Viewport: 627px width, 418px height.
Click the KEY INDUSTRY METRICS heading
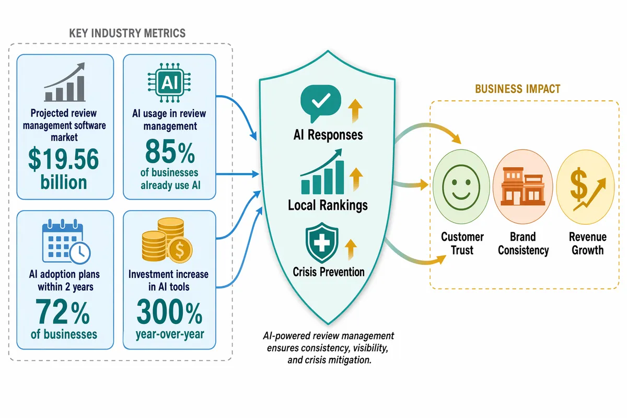click(127, 33)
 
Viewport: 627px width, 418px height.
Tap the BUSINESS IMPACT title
click(518, 89)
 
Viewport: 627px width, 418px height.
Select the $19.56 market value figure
click(64, 159)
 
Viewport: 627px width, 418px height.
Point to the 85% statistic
click(170, 152)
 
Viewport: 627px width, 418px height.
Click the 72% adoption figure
click(63, 311)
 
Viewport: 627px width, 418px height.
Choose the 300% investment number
click(169, 311)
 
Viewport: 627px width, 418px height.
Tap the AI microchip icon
click(169, 83)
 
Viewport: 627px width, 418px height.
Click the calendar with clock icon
click(66, 241)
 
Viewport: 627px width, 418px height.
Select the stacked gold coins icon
click(167, 240)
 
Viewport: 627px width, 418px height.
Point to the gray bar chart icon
click(65, 82)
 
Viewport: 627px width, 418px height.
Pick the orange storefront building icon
click(523, 186)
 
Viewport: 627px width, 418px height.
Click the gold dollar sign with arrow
click(587, 189)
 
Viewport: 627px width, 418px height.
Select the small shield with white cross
click(322, 243)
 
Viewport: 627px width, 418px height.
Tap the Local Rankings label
click(328, 205)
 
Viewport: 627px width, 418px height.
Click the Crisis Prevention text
click(329, 272)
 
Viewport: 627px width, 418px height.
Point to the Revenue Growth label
click(587, 243)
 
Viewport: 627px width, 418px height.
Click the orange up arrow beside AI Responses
click(355, 111)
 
